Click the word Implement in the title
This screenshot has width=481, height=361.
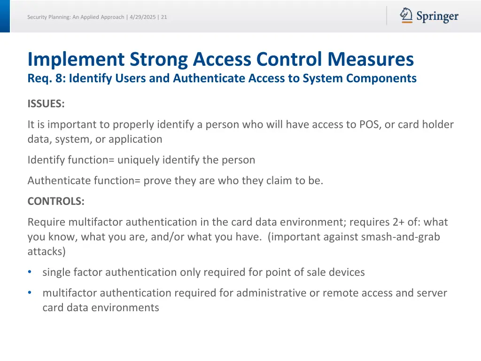pos(76,60)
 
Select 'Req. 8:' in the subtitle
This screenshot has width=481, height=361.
pos(47,78)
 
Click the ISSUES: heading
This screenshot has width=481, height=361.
pos(46,104)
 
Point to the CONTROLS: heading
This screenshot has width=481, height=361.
pos(56,202)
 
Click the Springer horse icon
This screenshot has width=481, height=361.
pos(406,16)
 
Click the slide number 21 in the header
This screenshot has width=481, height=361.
pos(164,17)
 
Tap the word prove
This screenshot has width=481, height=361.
pos(157,181)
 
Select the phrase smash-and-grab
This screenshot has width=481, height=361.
pos(400,237)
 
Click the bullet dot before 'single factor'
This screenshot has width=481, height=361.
pos(30,272)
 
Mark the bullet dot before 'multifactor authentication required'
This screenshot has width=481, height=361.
pos(30,293)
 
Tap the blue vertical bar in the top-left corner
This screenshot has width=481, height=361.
pos(5,16)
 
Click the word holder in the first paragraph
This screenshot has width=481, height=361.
pos(438,125)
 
